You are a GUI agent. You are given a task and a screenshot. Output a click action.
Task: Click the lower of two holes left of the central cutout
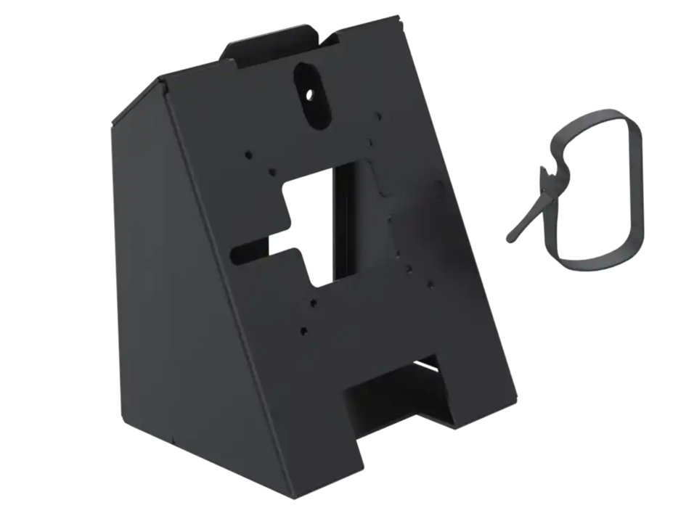click(x=272, y=172)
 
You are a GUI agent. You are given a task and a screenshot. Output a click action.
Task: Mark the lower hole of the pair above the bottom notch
click(x=303, y=330)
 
